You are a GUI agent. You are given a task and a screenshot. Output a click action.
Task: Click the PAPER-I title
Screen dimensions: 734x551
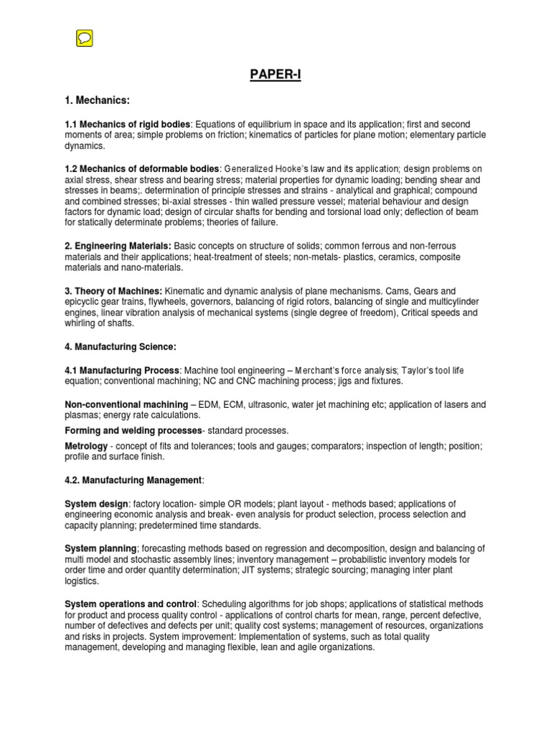275,75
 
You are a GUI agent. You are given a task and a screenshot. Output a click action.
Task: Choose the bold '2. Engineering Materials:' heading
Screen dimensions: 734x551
118,246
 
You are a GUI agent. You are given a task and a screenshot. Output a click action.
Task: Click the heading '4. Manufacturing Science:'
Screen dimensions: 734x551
121,347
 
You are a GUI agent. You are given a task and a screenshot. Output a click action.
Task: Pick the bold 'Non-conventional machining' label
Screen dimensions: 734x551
126,404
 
